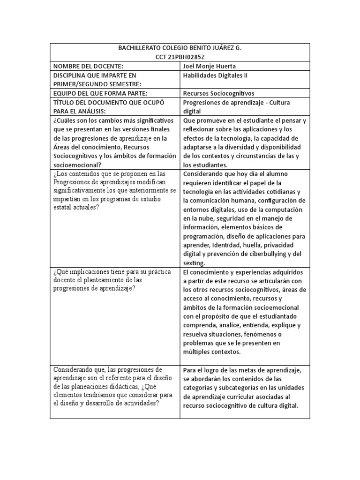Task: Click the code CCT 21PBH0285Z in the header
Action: point(180,57)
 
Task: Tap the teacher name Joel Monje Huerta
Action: point(210,66)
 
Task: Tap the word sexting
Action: point(194,263)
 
